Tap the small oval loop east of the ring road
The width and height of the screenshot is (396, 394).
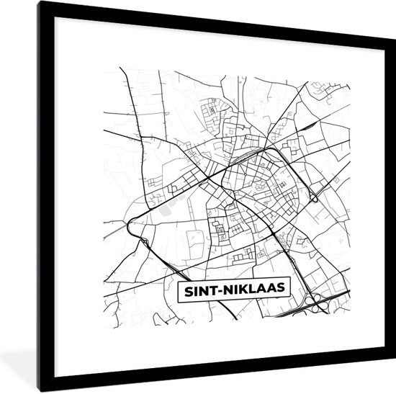(x=315, y=196)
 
